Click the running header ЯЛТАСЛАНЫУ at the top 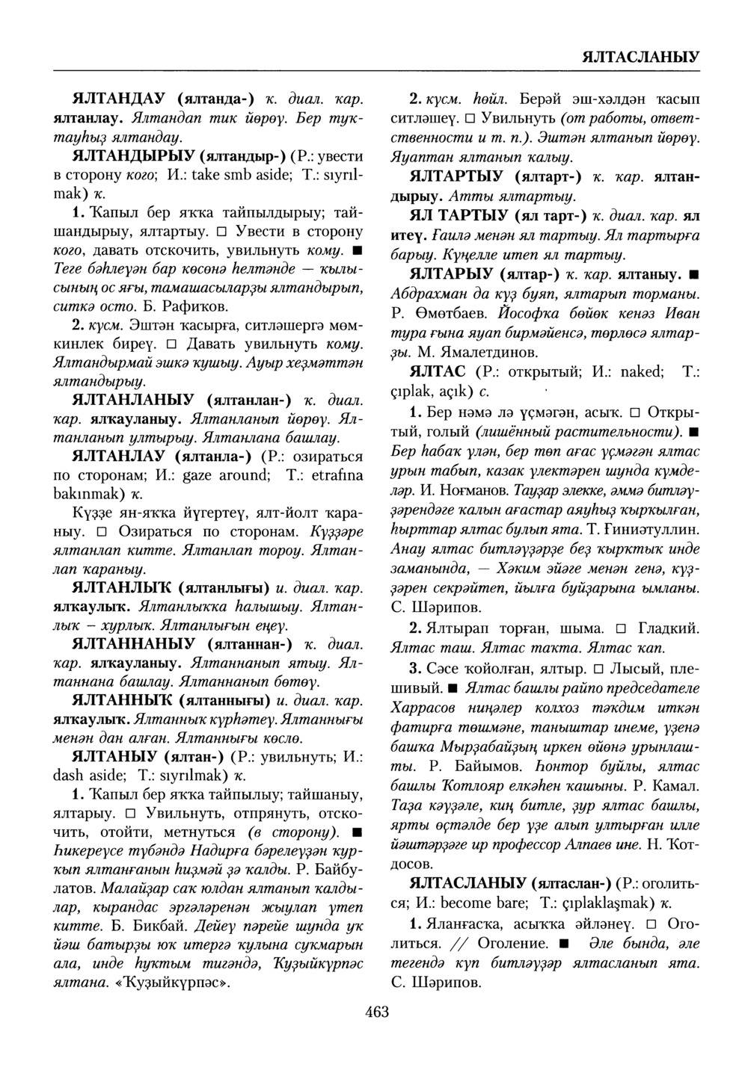pos(640,57)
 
